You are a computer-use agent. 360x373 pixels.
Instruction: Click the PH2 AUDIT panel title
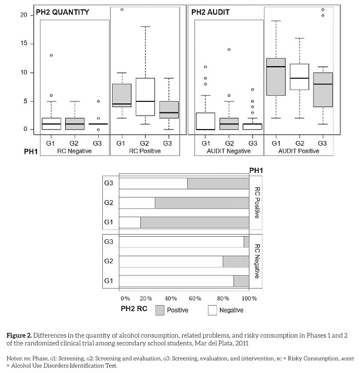coord(213,11)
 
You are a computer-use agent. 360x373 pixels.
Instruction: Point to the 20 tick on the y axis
coord(23,15)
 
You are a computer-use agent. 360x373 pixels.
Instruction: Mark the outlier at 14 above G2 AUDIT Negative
coord(229,50)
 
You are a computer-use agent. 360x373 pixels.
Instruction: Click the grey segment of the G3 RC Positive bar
coord(218,183)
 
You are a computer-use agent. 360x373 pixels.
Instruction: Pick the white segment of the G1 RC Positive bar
coord(130,222)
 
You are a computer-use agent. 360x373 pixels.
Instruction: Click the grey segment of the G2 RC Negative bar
coord(236,262)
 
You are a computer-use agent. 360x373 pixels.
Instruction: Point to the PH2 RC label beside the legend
coord(134,309)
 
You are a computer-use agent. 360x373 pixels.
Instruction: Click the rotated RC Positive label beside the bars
coord(257,203)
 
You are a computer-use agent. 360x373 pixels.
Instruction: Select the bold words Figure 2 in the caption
coord(21,334)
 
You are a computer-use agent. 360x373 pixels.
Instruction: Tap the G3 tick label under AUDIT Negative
coord(252,142)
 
